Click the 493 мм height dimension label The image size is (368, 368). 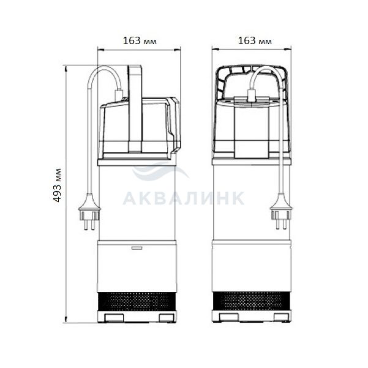coord(57,186)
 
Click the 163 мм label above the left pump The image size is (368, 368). coord(140,41)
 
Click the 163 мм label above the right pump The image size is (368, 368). coord(255,41)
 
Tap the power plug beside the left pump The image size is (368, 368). coord(89,211)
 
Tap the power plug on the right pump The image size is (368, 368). coord(281,211)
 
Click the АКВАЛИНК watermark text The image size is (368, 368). coord(184,198)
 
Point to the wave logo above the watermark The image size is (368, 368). coord(160,171)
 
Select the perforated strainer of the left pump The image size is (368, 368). coord(137,302)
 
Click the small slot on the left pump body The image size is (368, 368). coord(137,248)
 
